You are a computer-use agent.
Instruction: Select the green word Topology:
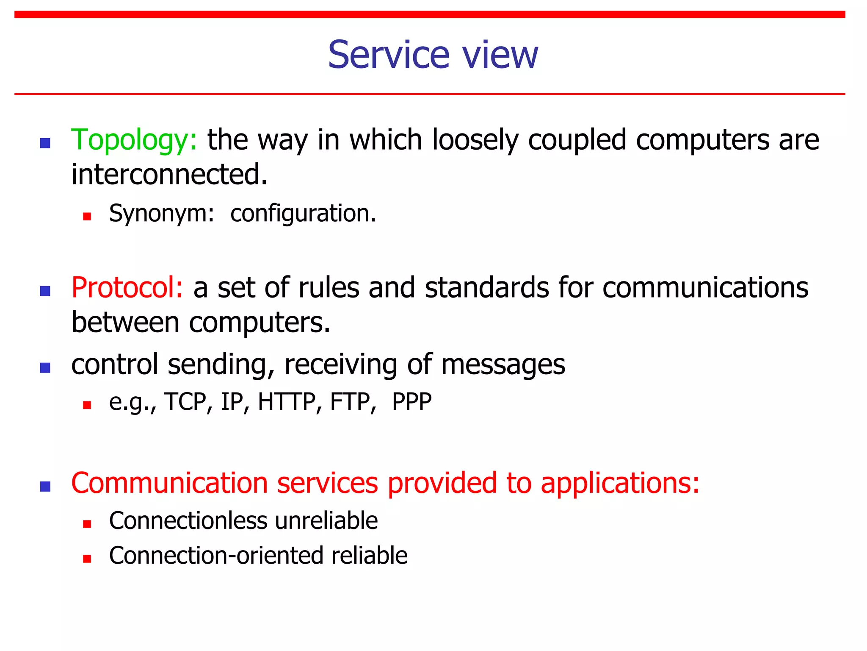click(134, 140)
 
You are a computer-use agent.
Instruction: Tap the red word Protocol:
click(127, 287)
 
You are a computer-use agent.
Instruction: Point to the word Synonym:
click(161, 213)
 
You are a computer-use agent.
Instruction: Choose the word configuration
click(303, 213)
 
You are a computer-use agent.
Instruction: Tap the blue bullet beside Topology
click(45, 143)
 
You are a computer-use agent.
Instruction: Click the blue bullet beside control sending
click(45, 367)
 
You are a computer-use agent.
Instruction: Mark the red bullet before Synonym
click(87, 217)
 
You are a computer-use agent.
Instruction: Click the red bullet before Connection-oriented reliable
click(87, 559)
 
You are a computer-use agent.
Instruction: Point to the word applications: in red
click(620, 483)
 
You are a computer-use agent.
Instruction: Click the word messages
click(503, 364)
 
